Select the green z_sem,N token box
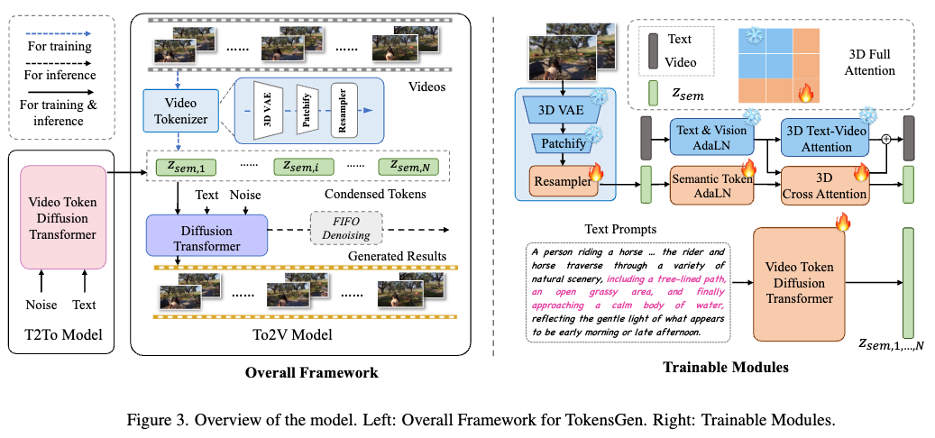[412, 168]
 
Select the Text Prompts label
[610, 228]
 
